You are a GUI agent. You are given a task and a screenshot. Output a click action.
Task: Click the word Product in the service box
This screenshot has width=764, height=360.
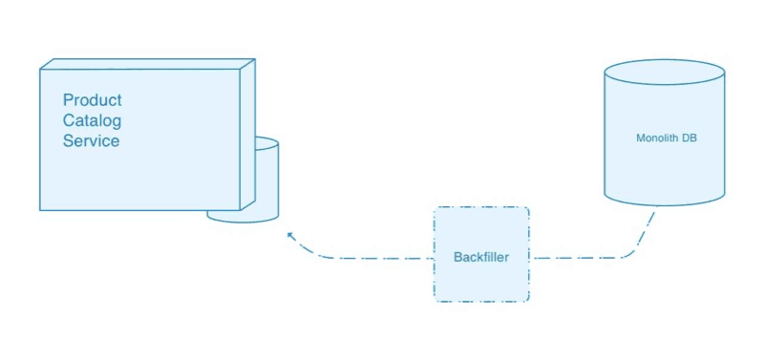click(92, 100)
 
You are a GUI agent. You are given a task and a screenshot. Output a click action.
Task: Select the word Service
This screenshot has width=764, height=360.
click(91, 140)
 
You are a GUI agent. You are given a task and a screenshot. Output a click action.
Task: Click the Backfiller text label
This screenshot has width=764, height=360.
click(481, 258)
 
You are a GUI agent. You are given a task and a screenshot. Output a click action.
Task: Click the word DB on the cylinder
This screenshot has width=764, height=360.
click(690, 138)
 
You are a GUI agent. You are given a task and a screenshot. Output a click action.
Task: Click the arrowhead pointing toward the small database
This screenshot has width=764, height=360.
click(289, 234)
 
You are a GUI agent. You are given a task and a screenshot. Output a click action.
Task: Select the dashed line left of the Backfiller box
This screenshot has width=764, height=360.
click(372, 258)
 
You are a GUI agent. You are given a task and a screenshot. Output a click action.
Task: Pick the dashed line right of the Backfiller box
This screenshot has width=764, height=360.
click(573, 258)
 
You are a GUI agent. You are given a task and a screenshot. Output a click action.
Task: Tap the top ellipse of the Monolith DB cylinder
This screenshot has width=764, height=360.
click(665, 73)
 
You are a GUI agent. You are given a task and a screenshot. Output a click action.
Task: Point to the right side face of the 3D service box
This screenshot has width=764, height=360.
click(246, 134)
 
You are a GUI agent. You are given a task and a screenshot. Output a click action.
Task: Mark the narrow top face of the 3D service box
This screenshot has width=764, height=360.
click(143, 64)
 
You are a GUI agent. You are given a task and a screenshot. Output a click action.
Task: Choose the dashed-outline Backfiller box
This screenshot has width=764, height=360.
click(481, 229)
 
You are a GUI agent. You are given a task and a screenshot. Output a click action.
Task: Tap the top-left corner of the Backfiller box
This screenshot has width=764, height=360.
click(435, 208)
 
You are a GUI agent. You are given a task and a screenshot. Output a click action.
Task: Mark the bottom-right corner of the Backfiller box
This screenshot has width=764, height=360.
click(527, 301)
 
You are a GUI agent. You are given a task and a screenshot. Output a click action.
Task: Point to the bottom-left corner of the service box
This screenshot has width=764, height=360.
click(40, 210)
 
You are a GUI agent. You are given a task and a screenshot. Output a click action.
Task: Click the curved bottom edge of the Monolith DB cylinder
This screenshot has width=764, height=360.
click(665, 204)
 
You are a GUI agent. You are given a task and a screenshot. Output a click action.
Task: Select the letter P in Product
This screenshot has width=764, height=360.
click(68, 100)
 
